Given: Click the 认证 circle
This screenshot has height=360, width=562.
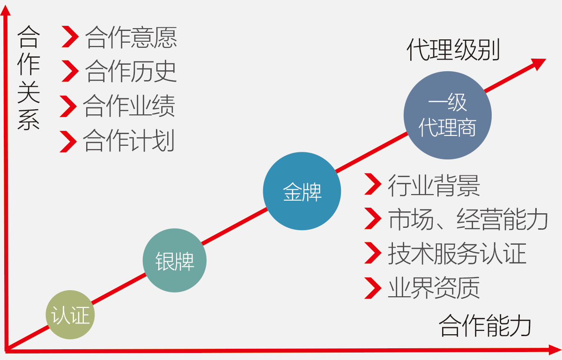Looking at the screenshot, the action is [70, 315].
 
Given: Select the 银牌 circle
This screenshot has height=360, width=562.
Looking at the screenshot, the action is [175, 260].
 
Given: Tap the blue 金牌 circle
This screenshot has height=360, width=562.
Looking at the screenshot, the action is [302, 191].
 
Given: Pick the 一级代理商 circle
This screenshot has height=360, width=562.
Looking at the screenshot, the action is [448, 115].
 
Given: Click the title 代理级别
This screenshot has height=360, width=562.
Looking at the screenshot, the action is [453, 50].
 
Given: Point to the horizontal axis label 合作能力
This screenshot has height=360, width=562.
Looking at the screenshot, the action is [485, 325].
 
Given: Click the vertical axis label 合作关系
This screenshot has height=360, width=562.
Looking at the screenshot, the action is [29, 78].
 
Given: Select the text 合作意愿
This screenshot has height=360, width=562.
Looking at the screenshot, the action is [131, 37].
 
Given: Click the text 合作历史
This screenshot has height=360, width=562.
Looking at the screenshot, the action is [131, 72].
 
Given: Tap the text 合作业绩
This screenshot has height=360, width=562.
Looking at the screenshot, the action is [129, 106].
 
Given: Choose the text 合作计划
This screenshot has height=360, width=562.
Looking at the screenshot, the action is [129, 141].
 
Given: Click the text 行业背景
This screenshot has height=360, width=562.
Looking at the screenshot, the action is [434, 186].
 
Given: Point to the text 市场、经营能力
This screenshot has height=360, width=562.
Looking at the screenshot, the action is [468, 219].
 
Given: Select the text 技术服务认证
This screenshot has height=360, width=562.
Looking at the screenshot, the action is [457, 254].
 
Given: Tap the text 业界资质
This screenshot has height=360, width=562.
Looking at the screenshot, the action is [434, 288].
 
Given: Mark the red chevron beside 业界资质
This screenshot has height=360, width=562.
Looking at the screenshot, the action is [373, 288].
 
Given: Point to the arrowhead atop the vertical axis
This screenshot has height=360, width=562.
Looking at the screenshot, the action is [5, 10].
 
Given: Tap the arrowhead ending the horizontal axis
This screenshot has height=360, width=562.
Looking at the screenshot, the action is [555, 350].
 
